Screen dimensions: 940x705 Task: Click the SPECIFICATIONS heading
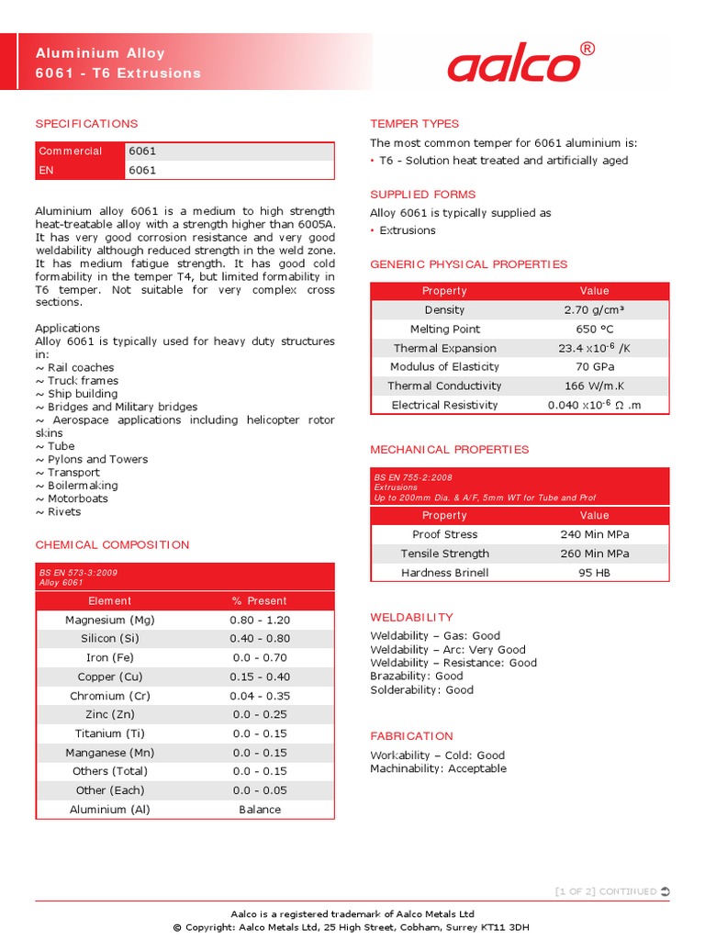point(86,124)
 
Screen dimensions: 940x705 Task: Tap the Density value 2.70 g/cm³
point(594,310)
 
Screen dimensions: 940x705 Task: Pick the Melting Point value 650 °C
point(594,330)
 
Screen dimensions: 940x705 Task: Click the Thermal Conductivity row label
point(444,386)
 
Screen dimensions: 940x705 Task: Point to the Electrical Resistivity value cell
point(594,405)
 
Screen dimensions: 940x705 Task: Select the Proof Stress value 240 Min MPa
point(594,534)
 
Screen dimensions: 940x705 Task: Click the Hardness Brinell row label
point(444,573)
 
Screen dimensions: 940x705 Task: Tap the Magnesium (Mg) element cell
point(109,620)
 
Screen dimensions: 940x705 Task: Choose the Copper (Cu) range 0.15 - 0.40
point(260,677)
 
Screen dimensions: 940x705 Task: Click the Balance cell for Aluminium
point(260,810)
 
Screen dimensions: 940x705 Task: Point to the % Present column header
point(260,601)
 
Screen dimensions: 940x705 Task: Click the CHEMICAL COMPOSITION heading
point(112,545)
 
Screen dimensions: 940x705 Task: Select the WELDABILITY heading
point(411,618)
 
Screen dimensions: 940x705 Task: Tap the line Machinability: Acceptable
point(438,769)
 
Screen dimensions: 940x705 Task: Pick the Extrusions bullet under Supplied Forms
point(408,230)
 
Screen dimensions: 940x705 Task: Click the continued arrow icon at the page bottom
point(665,891)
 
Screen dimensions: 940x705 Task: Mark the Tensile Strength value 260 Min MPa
point(594,554)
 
